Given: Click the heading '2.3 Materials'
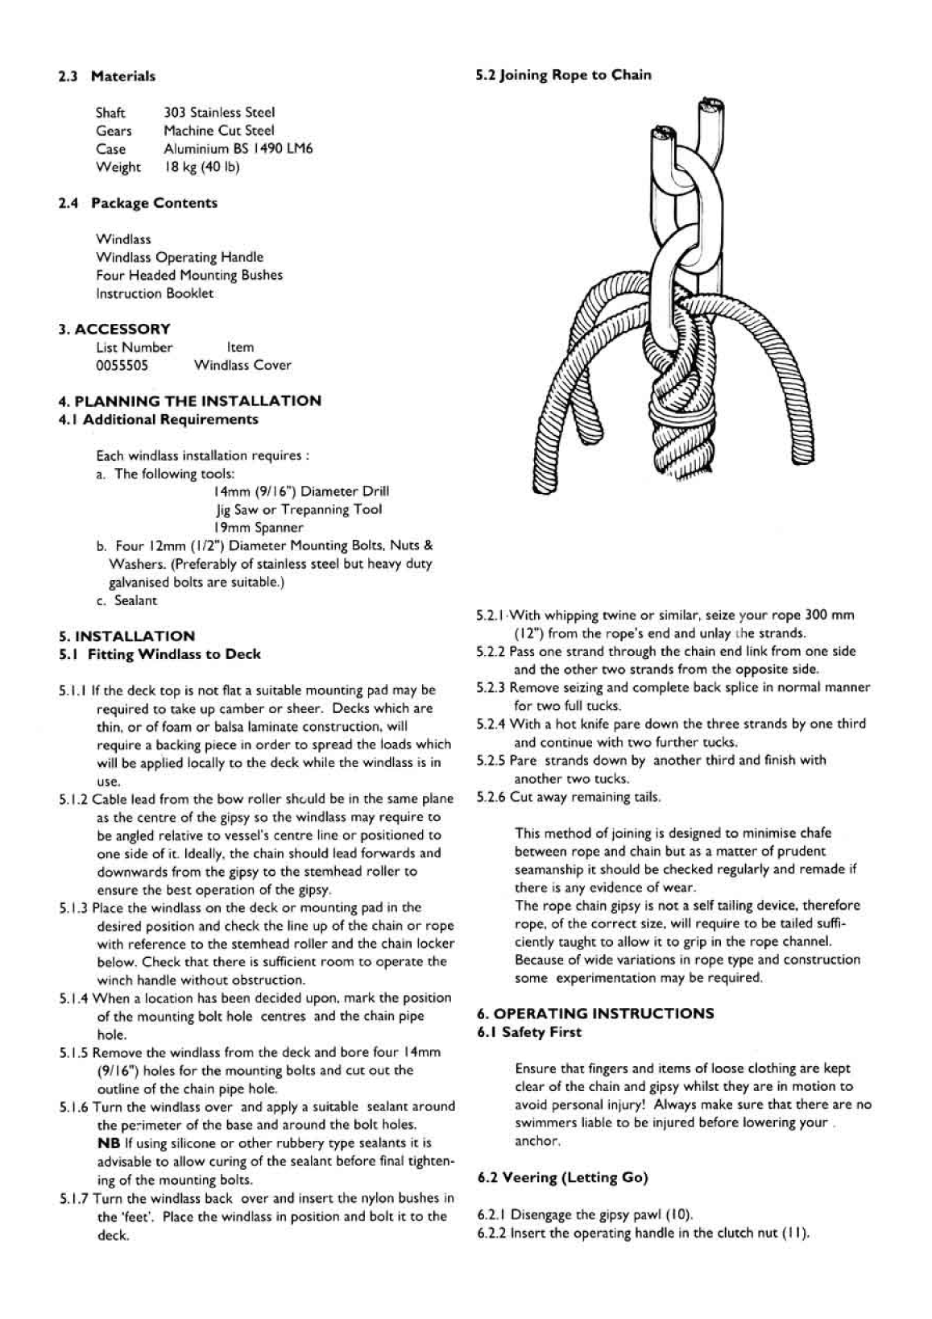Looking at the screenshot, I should (x=106, y=77).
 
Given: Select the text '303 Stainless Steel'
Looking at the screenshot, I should (x=219, y=113).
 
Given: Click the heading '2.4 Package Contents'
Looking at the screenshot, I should (x=137, y=203).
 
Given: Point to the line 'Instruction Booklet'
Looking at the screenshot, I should (x=155, y=293).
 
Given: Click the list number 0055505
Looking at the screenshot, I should (x=122, y=365).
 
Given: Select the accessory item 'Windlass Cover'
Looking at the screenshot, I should (x=242, y=365).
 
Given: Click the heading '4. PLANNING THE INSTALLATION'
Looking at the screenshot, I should (x=189, y=400).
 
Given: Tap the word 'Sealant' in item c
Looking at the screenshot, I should (x=136, y=600).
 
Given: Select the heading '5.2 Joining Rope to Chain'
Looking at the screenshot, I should (x=563, y=76).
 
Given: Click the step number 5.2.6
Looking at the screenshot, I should (x=491, y=797).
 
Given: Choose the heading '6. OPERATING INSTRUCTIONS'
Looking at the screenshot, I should (x=595, y=1014).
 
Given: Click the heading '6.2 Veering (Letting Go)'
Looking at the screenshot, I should (x=563, y=1178).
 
